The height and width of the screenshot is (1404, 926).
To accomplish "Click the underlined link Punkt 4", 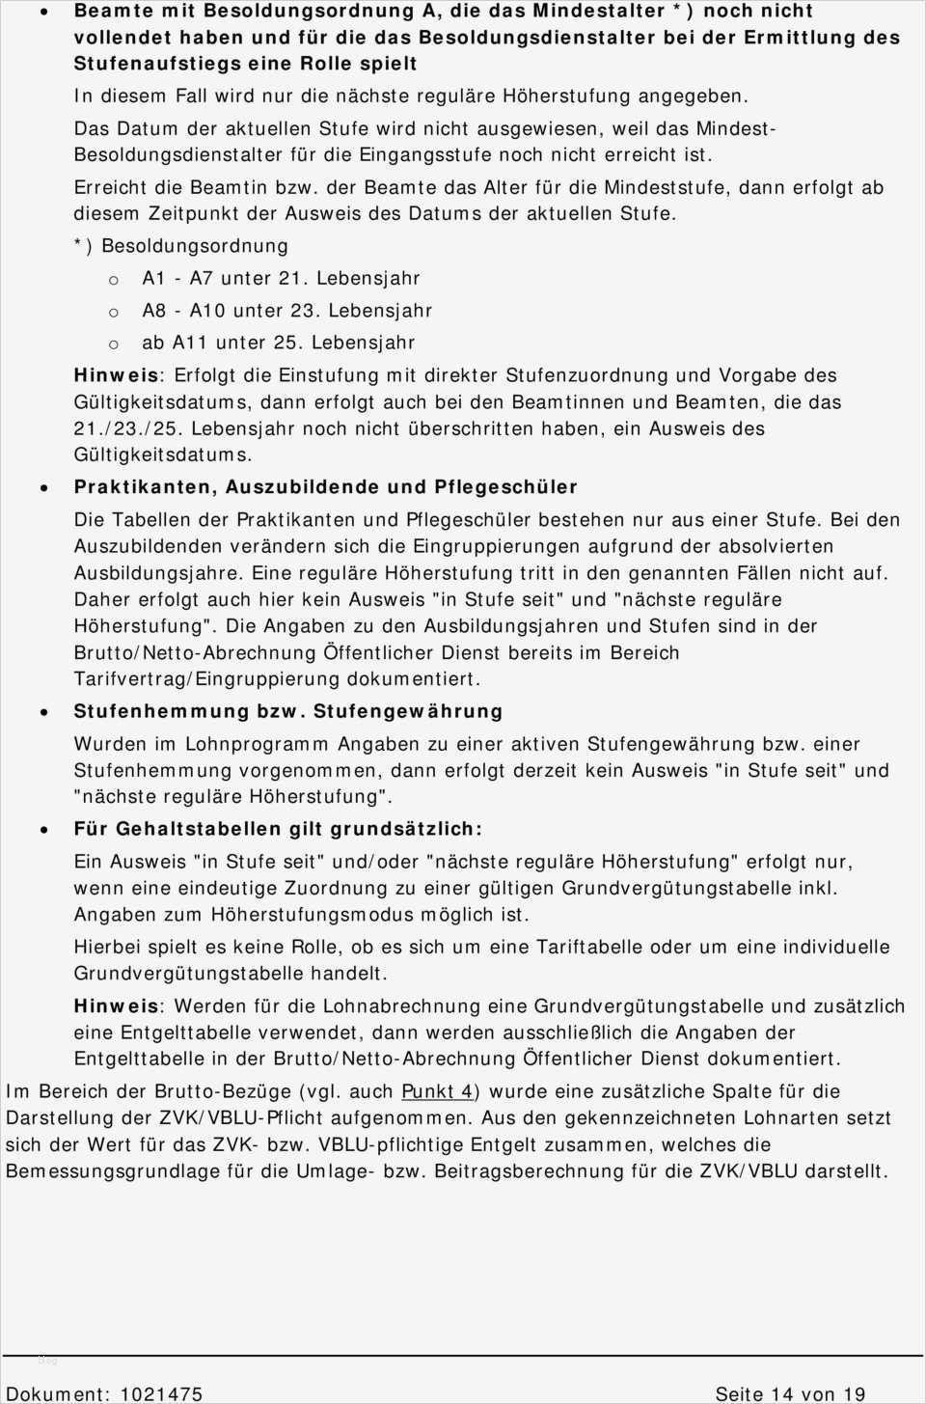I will click(437, 1091).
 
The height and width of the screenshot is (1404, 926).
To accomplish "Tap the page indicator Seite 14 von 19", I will click(790, 1393).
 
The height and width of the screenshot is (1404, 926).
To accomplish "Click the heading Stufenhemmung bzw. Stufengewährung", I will click(288, 711).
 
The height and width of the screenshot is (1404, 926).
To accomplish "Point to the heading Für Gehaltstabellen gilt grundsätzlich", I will click(278, 829).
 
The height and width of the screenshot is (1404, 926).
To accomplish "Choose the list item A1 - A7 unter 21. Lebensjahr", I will click(281, 278).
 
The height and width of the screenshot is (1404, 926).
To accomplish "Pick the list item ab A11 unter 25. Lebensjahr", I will click(278, 343).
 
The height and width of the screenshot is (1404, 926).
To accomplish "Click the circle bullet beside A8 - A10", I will click(114, 312).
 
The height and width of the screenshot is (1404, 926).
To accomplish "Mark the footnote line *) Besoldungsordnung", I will click(181, 246).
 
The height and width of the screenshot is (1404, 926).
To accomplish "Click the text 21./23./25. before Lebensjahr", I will click(127, 428).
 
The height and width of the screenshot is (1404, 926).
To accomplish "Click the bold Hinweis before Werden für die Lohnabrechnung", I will click(116, 1006).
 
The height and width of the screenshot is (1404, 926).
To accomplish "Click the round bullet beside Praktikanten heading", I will click(44, 488).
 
